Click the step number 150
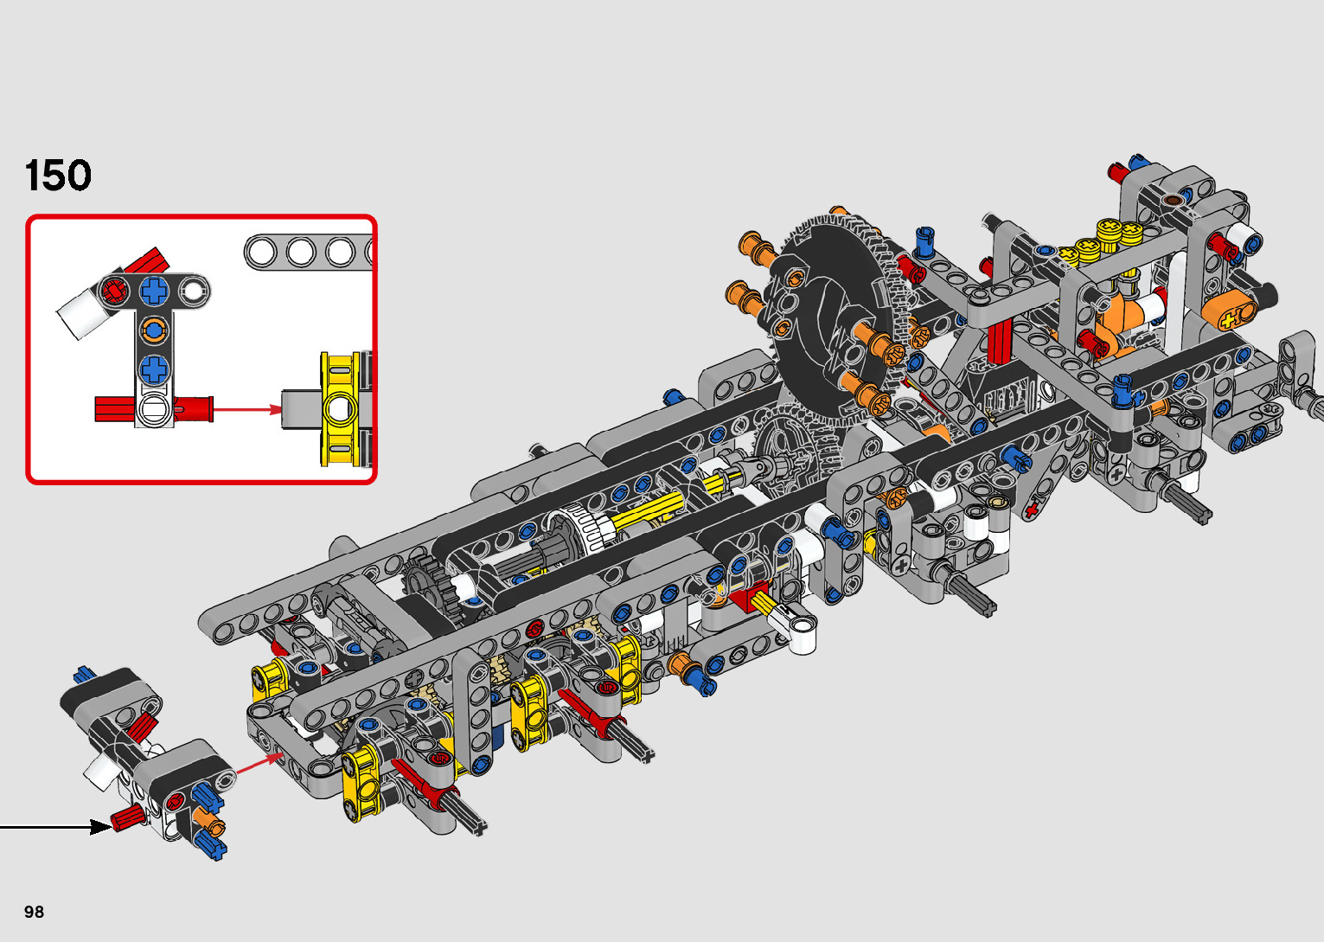click(x=58, y=176)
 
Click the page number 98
click(x=35, y=911)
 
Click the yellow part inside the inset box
click(x=341, y=408)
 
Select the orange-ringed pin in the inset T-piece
click(x=154, y=328)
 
